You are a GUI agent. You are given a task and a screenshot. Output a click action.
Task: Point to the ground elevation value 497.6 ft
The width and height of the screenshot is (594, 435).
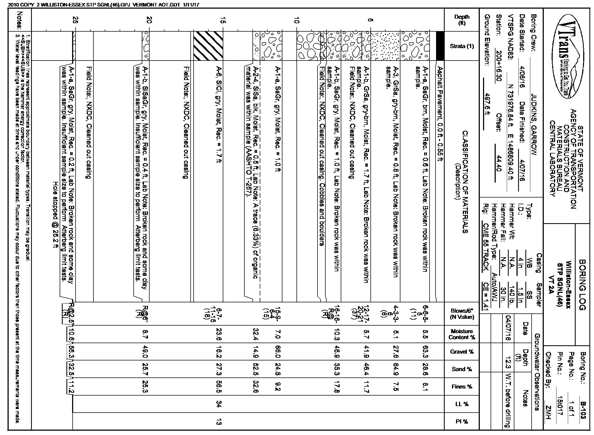click(487, 108)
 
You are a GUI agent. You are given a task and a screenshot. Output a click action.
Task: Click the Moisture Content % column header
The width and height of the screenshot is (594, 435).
click(462, 334)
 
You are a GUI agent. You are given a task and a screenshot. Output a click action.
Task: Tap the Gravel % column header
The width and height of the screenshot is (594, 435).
click(462, 352)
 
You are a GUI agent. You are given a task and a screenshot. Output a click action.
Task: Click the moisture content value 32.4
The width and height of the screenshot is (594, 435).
click(254, 334)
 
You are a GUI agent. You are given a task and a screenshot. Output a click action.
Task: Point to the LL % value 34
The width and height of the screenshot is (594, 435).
click(219, 404)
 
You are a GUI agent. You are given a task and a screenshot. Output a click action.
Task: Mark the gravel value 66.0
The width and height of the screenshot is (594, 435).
click(278, 352)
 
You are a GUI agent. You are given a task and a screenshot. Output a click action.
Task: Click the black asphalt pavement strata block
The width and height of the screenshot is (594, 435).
click(440, 46)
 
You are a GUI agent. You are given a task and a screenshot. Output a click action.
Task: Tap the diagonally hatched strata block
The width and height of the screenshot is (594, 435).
click(208, 46)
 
